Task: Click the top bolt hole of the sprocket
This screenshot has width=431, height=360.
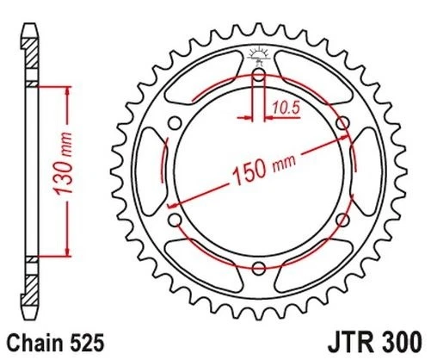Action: pos(258,75)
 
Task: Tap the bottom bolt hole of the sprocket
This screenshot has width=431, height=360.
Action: pos(258,270)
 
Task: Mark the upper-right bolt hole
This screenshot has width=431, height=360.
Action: pos(342,123)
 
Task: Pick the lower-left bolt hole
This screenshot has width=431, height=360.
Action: pos(174,221)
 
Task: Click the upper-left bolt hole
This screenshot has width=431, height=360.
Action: pos(174,123)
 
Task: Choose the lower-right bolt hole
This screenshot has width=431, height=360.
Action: pos(342,221)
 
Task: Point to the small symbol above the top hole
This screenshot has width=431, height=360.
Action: pos(258,57)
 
